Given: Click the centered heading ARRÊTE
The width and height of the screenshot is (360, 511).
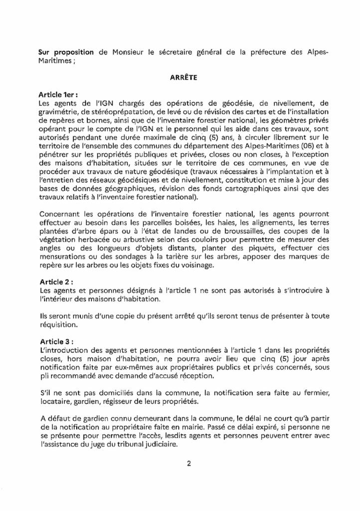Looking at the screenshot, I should (x=180, y=78).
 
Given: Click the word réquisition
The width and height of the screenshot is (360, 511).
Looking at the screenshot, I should (x=58, y=322).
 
